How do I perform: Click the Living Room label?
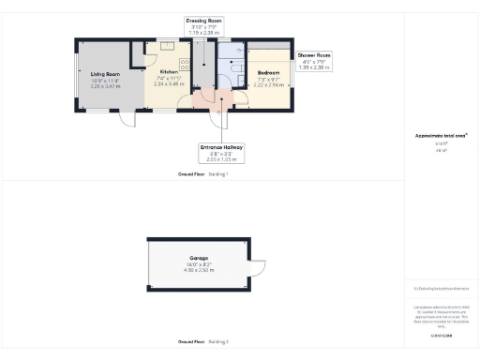coord(105,73)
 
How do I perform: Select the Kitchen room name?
coord(169,72)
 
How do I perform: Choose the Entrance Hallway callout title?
coord(222,147)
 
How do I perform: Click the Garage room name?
coord(198,260)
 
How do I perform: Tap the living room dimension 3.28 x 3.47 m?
coord(105,85)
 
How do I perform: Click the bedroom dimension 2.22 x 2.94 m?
coord(268,83)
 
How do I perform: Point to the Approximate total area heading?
coord(441,135)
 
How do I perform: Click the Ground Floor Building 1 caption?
coord(202,174)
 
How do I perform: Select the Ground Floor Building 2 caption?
coord(202,341)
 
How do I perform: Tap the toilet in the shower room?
coord(235,68)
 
